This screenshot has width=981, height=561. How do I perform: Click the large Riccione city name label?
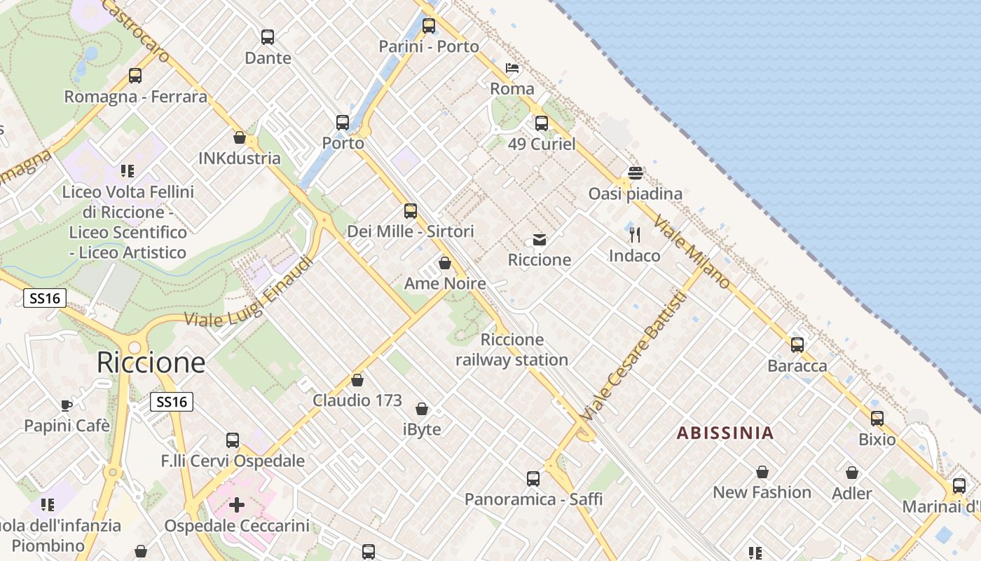coord(151,363)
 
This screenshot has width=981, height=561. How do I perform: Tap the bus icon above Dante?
coord(268,37)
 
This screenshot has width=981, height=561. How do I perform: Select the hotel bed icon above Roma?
coord(512,68)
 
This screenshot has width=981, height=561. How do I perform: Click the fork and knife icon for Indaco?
coord(635,235)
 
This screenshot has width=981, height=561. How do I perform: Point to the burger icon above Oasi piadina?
coord(636,173)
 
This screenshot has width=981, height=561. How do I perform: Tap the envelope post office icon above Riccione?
coord(540,240)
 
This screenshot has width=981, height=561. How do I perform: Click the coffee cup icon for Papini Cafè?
coord(67,405)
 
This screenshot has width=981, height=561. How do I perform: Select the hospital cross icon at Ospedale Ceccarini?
coord(237,505)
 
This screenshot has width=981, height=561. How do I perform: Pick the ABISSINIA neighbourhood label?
coord(725,433)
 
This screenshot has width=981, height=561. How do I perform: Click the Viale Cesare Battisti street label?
coord(633,356)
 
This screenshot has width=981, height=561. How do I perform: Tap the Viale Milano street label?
coord(692,252)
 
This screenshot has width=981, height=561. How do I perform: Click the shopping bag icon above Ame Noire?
coord(444,263)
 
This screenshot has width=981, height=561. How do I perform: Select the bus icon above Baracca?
coord(797,345)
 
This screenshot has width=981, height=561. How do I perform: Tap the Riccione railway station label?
coord(512,350)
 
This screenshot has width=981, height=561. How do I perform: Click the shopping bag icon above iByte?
coord(422,409)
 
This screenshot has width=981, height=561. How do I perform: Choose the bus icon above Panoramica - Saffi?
coord(533,479)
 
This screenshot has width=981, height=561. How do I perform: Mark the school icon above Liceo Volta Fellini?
coord(127,170)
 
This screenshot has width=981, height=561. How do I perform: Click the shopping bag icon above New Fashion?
coord(762,472)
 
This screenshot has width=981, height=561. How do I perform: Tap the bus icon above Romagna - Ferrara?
coord(135,76)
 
